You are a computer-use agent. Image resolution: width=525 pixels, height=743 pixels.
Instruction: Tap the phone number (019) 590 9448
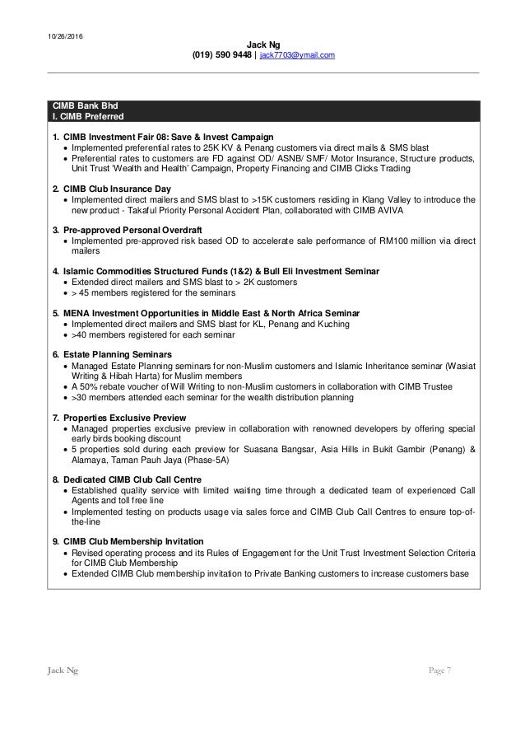tap(221, 54)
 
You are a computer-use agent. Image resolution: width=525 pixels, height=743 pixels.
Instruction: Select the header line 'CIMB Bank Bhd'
tap(81, 105)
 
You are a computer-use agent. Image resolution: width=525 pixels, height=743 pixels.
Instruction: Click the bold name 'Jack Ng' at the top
tap(262, 44)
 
